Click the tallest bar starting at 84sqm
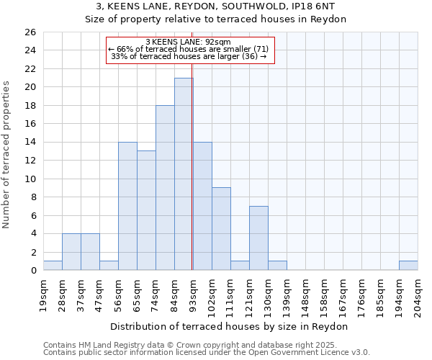click(x=184, y=174)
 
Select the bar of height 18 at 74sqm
click(x=165, y=187)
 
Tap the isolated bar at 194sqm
click(x=408, y=265)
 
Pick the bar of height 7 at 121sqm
click(x=258, y=238)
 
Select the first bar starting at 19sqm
click(x=53, y=265)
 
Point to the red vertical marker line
click(x=192, y=180)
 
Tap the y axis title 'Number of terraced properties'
click(x=6, y=155)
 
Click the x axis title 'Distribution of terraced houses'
click(x=230, y=326)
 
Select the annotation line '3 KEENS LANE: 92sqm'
click(x=187, y=42)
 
